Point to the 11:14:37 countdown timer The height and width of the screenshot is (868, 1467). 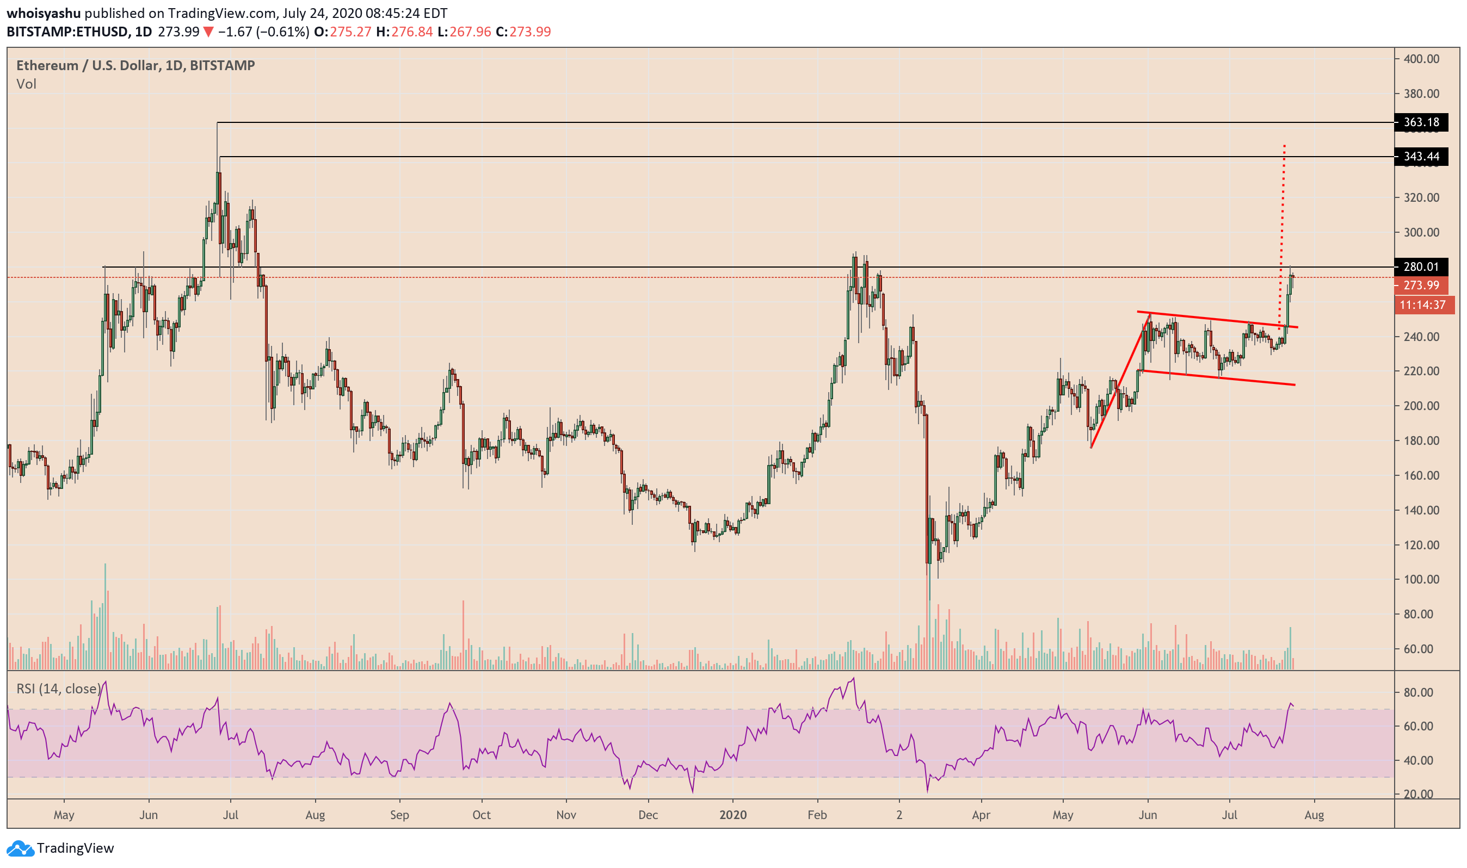(1422, 305)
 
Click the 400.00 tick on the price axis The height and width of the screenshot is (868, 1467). (1421, 59)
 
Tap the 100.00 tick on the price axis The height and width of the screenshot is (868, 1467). (1421, 579)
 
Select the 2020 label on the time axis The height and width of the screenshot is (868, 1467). (732, 815)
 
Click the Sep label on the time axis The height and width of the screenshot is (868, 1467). (399, 815)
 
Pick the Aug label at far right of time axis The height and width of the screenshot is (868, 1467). (1314, 815)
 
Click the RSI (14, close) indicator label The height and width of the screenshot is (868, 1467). (59, 689)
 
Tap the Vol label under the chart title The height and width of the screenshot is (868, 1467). (26, 84)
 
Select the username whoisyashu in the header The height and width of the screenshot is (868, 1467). (44, 13)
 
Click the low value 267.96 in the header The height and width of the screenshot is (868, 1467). (470, 32)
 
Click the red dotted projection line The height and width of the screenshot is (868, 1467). (1282, 222)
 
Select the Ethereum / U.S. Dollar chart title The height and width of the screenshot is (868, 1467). (135, 65)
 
